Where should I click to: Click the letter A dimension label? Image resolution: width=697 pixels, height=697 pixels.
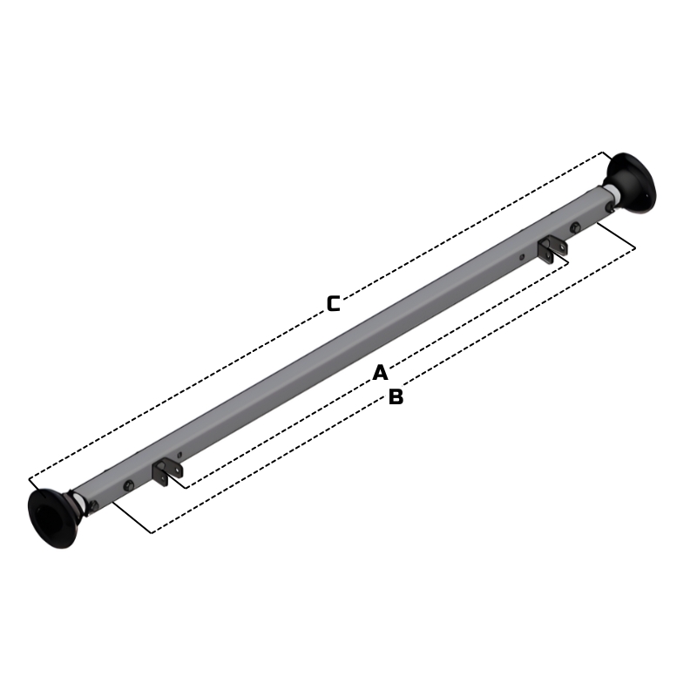[x=380, y=373]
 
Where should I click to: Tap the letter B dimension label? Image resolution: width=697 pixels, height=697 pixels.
[x=396, y=396]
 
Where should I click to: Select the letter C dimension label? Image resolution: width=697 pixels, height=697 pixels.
[x=334, y=303]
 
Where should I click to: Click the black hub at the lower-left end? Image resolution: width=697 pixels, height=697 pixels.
[x=52, y=518]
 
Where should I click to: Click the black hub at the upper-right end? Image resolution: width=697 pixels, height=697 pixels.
[x=632, y=184]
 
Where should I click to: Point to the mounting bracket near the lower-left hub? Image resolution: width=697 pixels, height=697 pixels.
[x=166, y=471]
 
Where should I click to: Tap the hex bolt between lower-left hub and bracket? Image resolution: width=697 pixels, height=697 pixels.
[x=129, y=484]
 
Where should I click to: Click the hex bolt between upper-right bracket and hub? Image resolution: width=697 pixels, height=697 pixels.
[x=575, y=227]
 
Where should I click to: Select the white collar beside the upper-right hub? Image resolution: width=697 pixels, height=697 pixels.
[x=612, y=193]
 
